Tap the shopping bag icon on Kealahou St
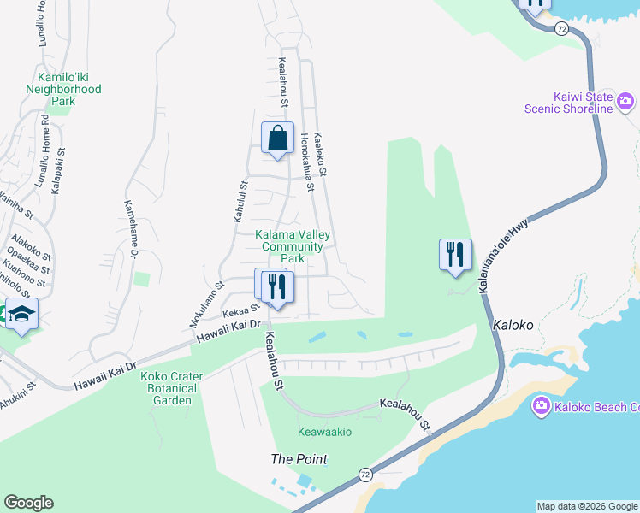click(277, 138)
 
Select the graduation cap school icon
click(21, 315)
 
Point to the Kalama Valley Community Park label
click(293, 246)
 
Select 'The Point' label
click(299, 459)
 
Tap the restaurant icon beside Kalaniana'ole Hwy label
click(455, 255)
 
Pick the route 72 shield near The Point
click(365, 473)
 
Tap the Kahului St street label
click(240, 202)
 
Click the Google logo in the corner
click(28, 503)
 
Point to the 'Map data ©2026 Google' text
click(586, 506)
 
